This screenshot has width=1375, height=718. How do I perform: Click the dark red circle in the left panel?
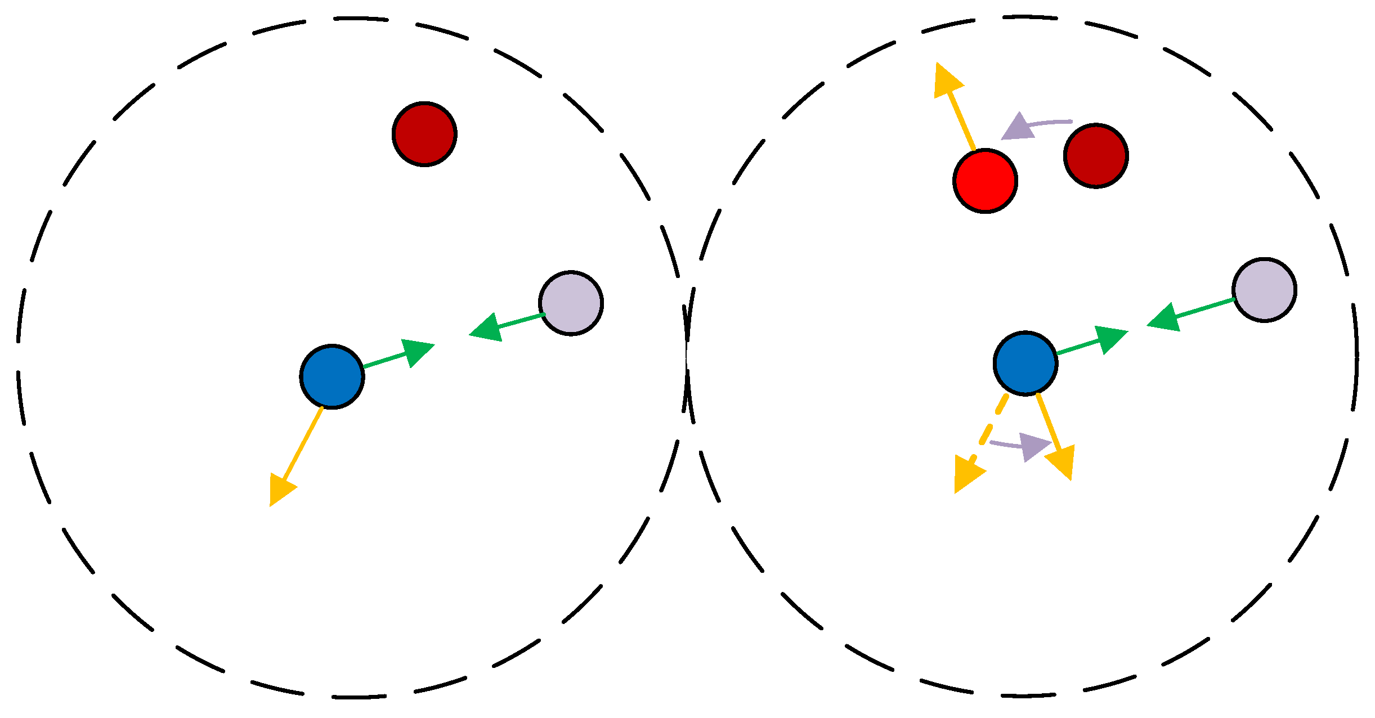(424, 134)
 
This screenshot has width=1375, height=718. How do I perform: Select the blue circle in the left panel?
(332, 376)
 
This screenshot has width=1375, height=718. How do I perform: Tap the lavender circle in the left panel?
(571, 303)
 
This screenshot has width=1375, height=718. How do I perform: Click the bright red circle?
(985, 181)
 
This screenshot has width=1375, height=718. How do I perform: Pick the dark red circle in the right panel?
(1096, 156)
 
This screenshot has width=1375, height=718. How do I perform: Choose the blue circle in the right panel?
(1025, 364)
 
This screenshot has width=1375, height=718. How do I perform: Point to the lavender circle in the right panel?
(1265, 290)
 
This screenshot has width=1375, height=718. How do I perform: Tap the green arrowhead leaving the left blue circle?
(416, 352)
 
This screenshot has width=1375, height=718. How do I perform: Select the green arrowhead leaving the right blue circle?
(1109, 339)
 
